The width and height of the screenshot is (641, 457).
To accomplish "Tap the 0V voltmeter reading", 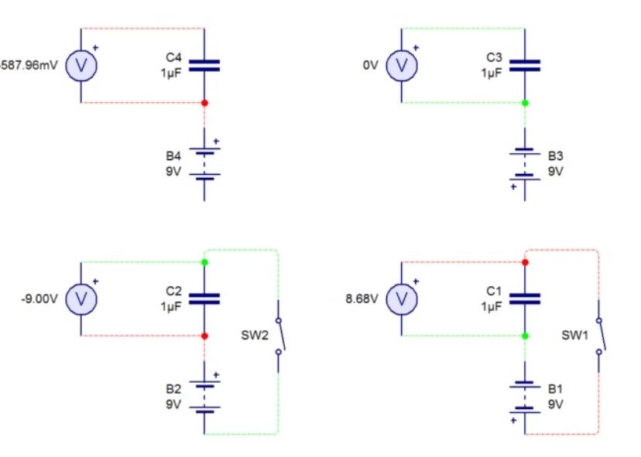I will pyautogui.click(x=370, y=66).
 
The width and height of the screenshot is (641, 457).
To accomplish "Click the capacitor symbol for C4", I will pyautogui.click(x=204, y=66).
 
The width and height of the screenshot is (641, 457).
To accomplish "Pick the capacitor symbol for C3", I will pyautogui.click(x=525, y=66).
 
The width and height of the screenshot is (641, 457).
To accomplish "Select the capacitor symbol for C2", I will pyautogui.click(x=204, y=298).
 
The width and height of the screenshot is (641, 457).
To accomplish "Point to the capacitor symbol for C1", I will pyautogui.click(x=525, y=298).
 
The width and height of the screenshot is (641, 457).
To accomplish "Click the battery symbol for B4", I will pyautogui.click(x=204, y=163).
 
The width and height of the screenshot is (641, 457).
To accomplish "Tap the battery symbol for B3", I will pyautogui.click(x=525, y=163).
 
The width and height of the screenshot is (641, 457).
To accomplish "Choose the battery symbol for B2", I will pyautogui.click(x=204, y=394).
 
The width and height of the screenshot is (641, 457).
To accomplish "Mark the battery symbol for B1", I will pyautogui.click(x=525, y=394).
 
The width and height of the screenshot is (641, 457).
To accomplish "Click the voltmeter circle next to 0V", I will pyautogui.click(x=401, y=66).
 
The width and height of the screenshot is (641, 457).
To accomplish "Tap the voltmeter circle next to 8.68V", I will pyautogui.click(x=401, y=298).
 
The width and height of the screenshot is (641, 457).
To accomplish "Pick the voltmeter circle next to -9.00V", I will pyautogui.click(x=81, y=298).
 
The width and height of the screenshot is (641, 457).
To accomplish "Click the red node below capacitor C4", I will pyautogui.click(x=204, y=102).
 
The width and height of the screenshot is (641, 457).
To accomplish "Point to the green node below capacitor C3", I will pyautogui.click(x=525, y=102).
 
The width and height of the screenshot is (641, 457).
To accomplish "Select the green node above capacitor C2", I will pyautogui.click(x=204, y=262).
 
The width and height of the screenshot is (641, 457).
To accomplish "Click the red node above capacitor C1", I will pyautogui.click(x=525, y=262).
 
